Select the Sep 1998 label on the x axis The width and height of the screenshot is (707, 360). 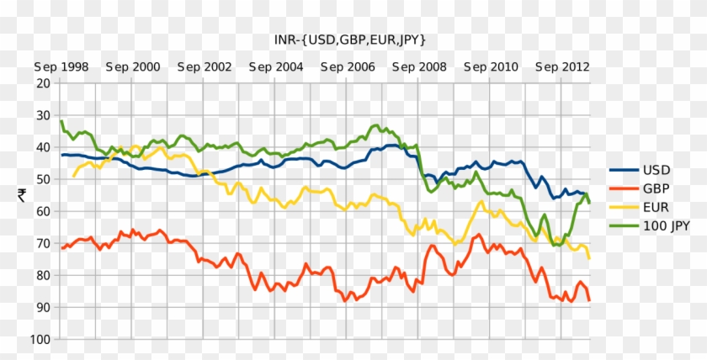(61, 66)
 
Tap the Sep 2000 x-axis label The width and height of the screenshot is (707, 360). (133, 66)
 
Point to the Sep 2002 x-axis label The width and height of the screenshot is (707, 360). (205, 66)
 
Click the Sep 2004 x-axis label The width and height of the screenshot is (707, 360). (276, 66)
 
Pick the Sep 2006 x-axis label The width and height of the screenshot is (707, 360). (348, 66)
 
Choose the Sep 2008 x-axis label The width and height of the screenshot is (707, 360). (419, 66)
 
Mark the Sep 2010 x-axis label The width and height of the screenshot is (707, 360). (491, 66)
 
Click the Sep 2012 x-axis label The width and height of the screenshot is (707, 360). (562, 66)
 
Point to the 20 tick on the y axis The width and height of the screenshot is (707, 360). (43, 83)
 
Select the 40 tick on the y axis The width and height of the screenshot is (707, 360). (43, 147)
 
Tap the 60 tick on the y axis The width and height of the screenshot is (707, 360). (43, 211)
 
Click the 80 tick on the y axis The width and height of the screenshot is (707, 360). (43, 275)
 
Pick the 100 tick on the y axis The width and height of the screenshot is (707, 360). (40, 339)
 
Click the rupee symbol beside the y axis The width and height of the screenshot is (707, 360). (20, 195)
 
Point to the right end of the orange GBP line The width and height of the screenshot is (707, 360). (589, 300)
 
